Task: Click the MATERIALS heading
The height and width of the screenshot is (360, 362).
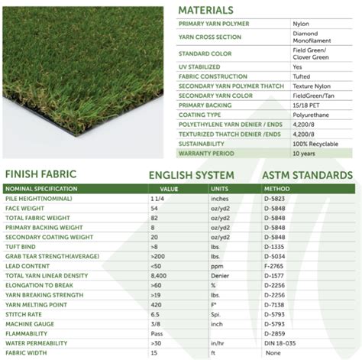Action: point(205,10)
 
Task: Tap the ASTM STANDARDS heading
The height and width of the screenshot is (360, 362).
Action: point(307,175)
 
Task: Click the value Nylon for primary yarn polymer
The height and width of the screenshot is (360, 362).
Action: point(301,24)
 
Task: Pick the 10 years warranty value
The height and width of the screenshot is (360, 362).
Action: point(303,154)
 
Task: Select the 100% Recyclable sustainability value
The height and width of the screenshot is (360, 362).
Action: point(314,143)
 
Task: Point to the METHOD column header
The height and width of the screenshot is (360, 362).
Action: point(276,187)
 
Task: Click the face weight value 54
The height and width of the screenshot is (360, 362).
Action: point(154,207)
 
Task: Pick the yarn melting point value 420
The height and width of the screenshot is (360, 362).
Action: point(156,304)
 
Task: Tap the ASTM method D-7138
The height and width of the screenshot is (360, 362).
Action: point(274,304)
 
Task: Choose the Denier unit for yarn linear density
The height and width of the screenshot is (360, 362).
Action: point(221,275)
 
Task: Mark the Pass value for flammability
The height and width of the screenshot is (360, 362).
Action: point(157,333)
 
